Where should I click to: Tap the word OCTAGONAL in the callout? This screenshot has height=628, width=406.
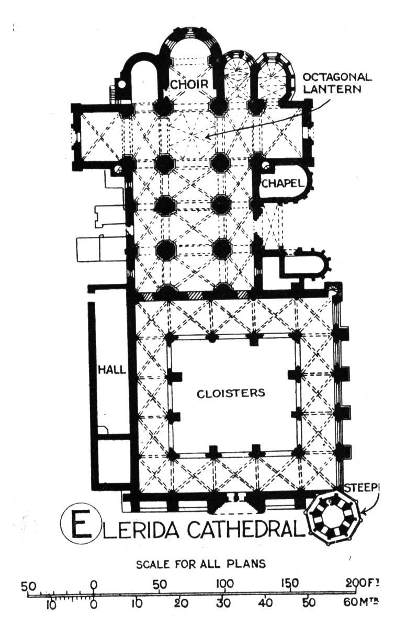(x=337, y=77)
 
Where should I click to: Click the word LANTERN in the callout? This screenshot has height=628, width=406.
(x=332, y=89)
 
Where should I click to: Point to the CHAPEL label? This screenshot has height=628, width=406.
(x=283, y=184)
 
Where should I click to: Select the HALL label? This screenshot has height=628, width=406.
(x=112, y=370)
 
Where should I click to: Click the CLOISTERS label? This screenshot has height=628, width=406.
(x=231, y=393)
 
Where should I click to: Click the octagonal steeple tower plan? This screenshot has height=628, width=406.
(x=334, y=517)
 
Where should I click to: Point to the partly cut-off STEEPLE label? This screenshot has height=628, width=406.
(x=362, y=488)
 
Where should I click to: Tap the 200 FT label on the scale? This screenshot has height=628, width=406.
(x=364, y=583)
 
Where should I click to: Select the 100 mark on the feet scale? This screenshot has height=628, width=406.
(x=225, y=584)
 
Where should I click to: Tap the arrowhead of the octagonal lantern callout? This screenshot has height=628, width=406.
(x=207, y=137)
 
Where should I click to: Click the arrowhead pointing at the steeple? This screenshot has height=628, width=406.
(x=363, y=513)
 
